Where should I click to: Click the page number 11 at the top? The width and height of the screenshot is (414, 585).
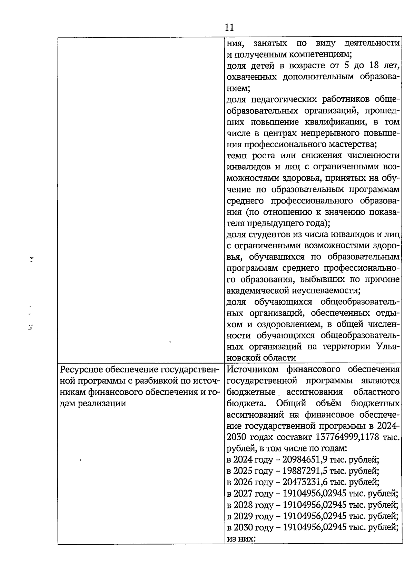(x=229, y=28)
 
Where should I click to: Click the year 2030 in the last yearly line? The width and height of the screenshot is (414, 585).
(x=243, y=527)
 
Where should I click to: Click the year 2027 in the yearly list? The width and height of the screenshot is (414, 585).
(x=243, y=494)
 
